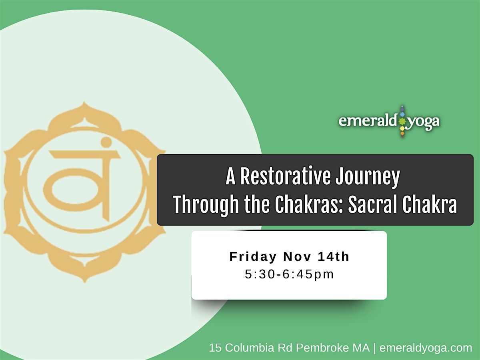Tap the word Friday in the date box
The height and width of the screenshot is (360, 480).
[x=253, y=257]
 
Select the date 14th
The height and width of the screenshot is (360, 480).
[x=334, y=257]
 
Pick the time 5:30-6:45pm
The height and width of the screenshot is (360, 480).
[x=289, y=274]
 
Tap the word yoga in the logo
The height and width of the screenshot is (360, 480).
[x=424, y=122]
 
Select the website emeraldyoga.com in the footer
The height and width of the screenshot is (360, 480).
[x=426, y=348]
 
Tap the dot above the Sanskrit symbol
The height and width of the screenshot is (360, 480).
[x=106, y=142]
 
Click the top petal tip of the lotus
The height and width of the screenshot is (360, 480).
[x=84, y=105]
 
